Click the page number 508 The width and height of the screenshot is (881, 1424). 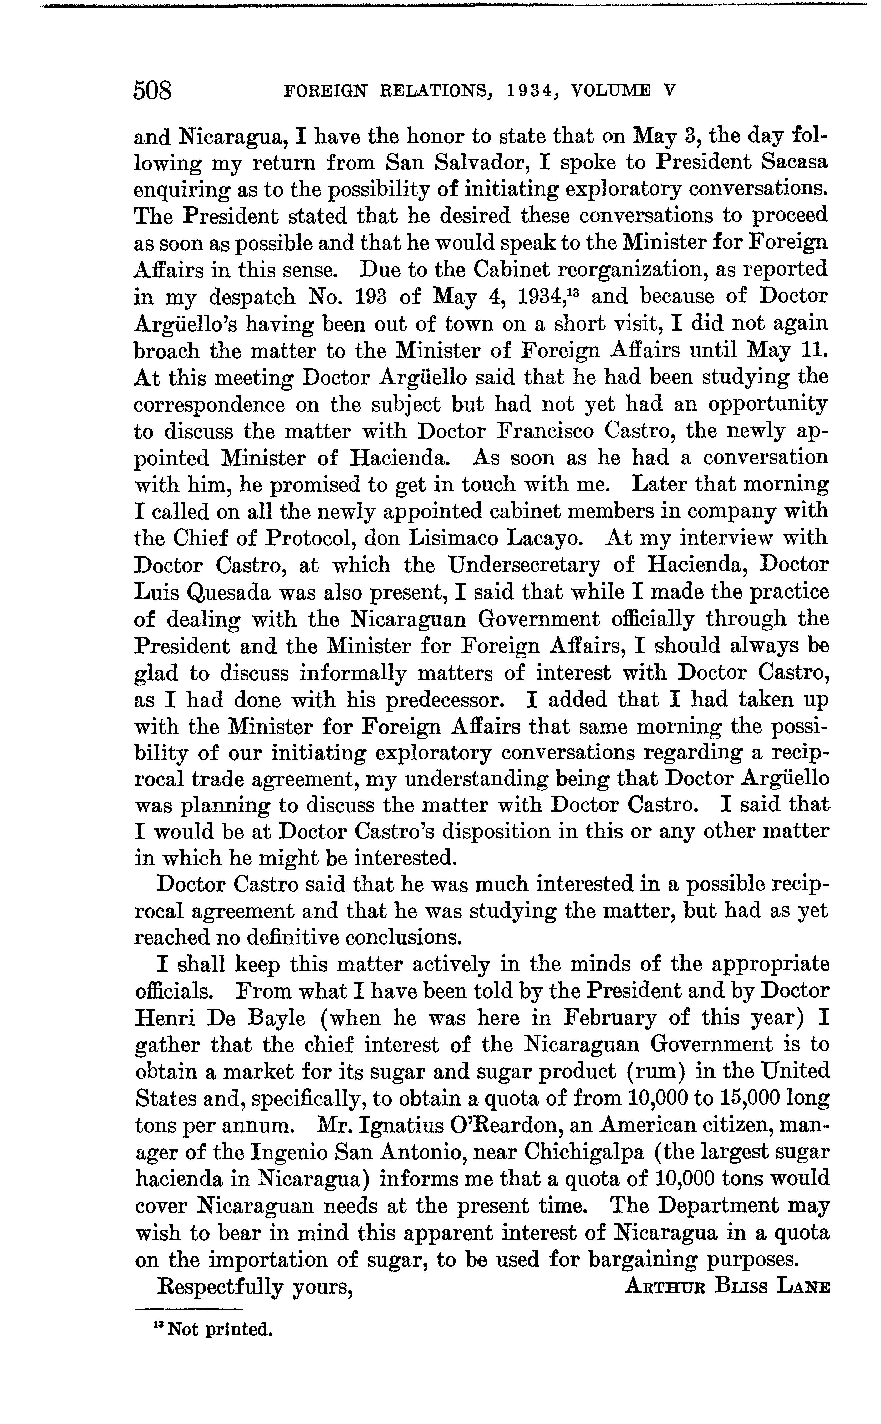[153, 91]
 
